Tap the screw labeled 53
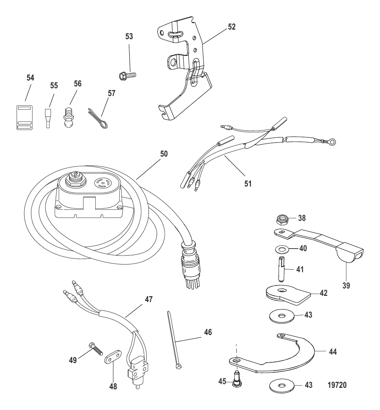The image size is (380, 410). coord(127,76)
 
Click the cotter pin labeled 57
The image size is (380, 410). coord(98,119)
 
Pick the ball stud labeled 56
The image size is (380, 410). coord(69,116)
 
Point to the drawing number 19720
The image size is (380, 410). coord(337,385)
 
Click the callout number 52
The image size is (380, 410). coord(232,27)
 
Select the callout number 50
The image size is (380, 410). coord(164,154)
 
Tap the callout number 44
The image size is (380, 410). coord(333,352)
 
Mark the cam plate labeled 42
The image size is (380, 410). coord(288,295)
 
